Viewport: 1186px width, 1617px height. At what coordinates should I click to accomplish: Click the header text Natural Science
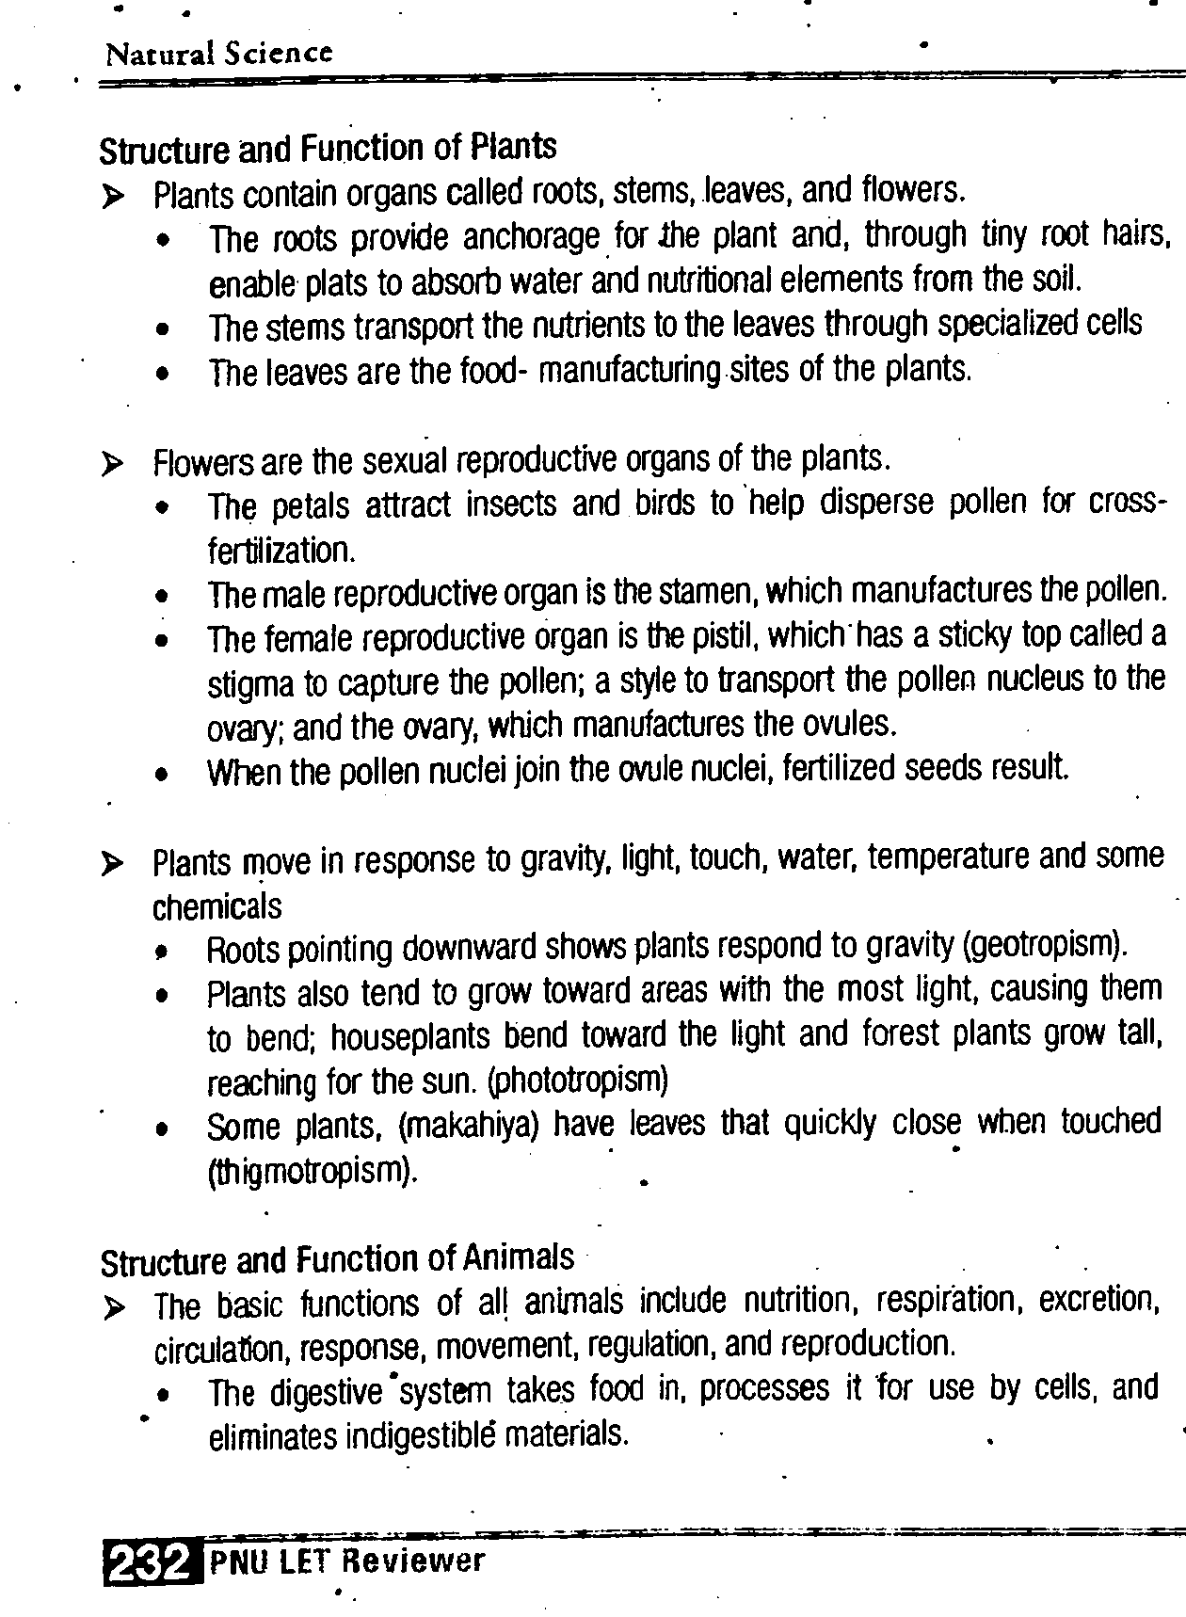(218, 54)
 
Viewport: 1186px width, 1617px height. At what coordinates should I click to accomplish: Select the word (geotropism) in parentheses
(1045, 944)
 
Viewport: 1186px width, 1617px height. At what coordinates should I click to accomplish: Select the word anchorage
(531, 237)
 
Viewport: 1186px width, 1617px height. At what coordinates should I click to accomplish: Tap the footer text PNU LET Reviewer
(347, 1561)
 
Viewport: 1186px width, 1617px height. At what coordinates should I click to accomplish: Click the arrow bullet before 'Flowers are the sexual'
(113, 463)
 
